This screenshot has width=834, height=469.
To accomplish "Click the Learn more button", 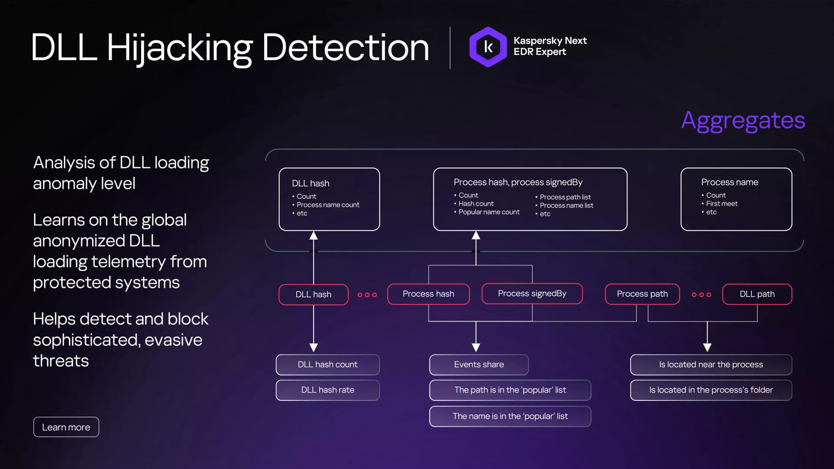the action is pos(66,427).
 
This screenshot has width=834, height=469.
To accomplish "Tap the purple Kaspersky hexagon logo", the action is pos(488,47).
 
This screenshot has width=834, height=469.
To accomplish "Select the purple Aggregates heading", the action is pos(743,121).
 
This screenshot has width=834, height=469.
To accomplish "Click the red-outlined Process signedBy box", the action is pos(532,294).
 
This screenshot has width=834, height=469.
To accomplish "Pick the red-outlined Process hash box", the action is pos(428,294).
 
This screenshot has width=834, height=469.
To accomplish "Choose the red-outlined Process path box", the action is pos(642,294).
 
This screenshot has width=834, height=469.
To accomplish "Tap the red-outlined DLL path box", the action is pos(757,294).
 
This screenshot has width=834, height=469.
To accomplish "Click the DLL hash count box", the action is pos(328,365).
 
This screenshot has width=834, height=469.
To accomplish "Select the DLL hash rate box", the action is pos(328,390).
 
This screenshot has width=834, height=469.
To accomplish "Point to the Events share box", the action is pos(479,365).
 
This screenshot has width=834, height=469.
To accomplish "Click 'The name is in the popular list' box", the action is pos(510,416).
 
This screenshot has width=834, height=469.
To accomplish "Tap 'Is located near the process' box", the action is pos(711,365).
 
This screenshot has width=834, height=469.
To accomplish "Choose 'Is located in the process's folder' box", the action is pos(711,390).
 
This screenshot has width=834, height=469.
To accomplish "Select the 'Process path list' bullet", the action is pos(563,197).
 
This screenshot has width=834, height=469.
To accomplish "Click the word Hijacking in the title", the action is pos(179,49).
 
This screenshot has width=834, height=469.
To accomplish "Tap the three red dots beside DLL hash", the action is pos(367,295).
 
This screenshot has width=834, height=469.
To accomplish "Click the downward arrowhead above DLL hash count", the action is pos(314,347).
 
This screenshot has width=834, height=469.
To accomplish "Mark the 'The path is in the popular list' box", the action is pos(510,390).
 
